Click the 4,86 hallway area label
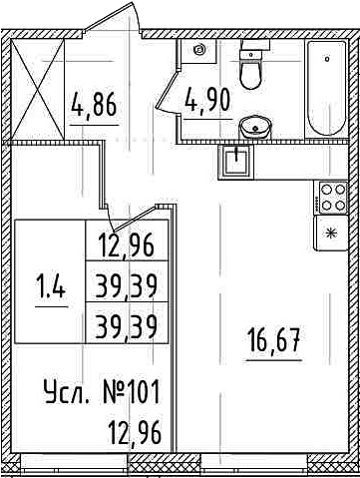94,104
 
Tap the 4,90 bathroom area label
208,100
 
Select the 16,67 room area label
273,339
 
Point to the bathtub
327,88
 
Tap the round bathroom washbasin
255,128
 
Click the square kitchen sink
235,162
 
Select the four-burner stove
333,198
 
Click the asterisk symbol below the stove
331,234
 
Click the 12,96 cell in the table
126,245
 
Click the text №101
130,392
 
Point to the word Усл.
67,393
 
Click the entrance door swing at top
113,17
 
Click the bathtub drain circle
327,59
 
